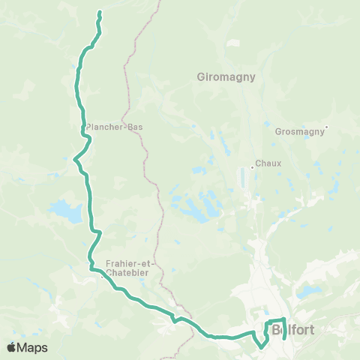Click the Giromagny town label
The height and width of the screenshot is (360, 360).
coord(226,76)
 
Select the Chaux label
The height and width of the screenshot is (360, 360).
coord(268,163)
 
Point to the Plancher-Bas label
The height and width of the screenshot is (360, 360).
coord(114,127)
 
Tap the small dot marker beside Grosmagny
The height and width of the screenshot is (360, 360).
coord(327,127)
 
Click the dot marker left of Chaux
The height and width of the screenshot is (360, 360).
coord(253,166)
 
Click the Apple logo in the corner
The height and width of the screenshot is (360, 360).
coord(11,347)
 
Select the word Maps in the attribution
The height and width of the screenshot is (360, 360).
coord(33,347)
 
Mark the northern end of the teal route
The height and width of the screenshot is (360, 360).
coord(100,13)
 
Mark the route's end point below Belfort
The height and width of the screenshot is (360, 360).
coord(284,338)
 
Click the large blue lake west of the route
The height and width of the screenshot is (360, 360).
coord(66,212)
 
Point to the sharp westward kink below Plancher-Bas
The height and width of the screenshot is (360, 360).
coord(74,159)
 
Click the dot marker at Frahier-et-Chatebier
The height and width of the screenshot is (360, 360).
coord(103,276)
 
